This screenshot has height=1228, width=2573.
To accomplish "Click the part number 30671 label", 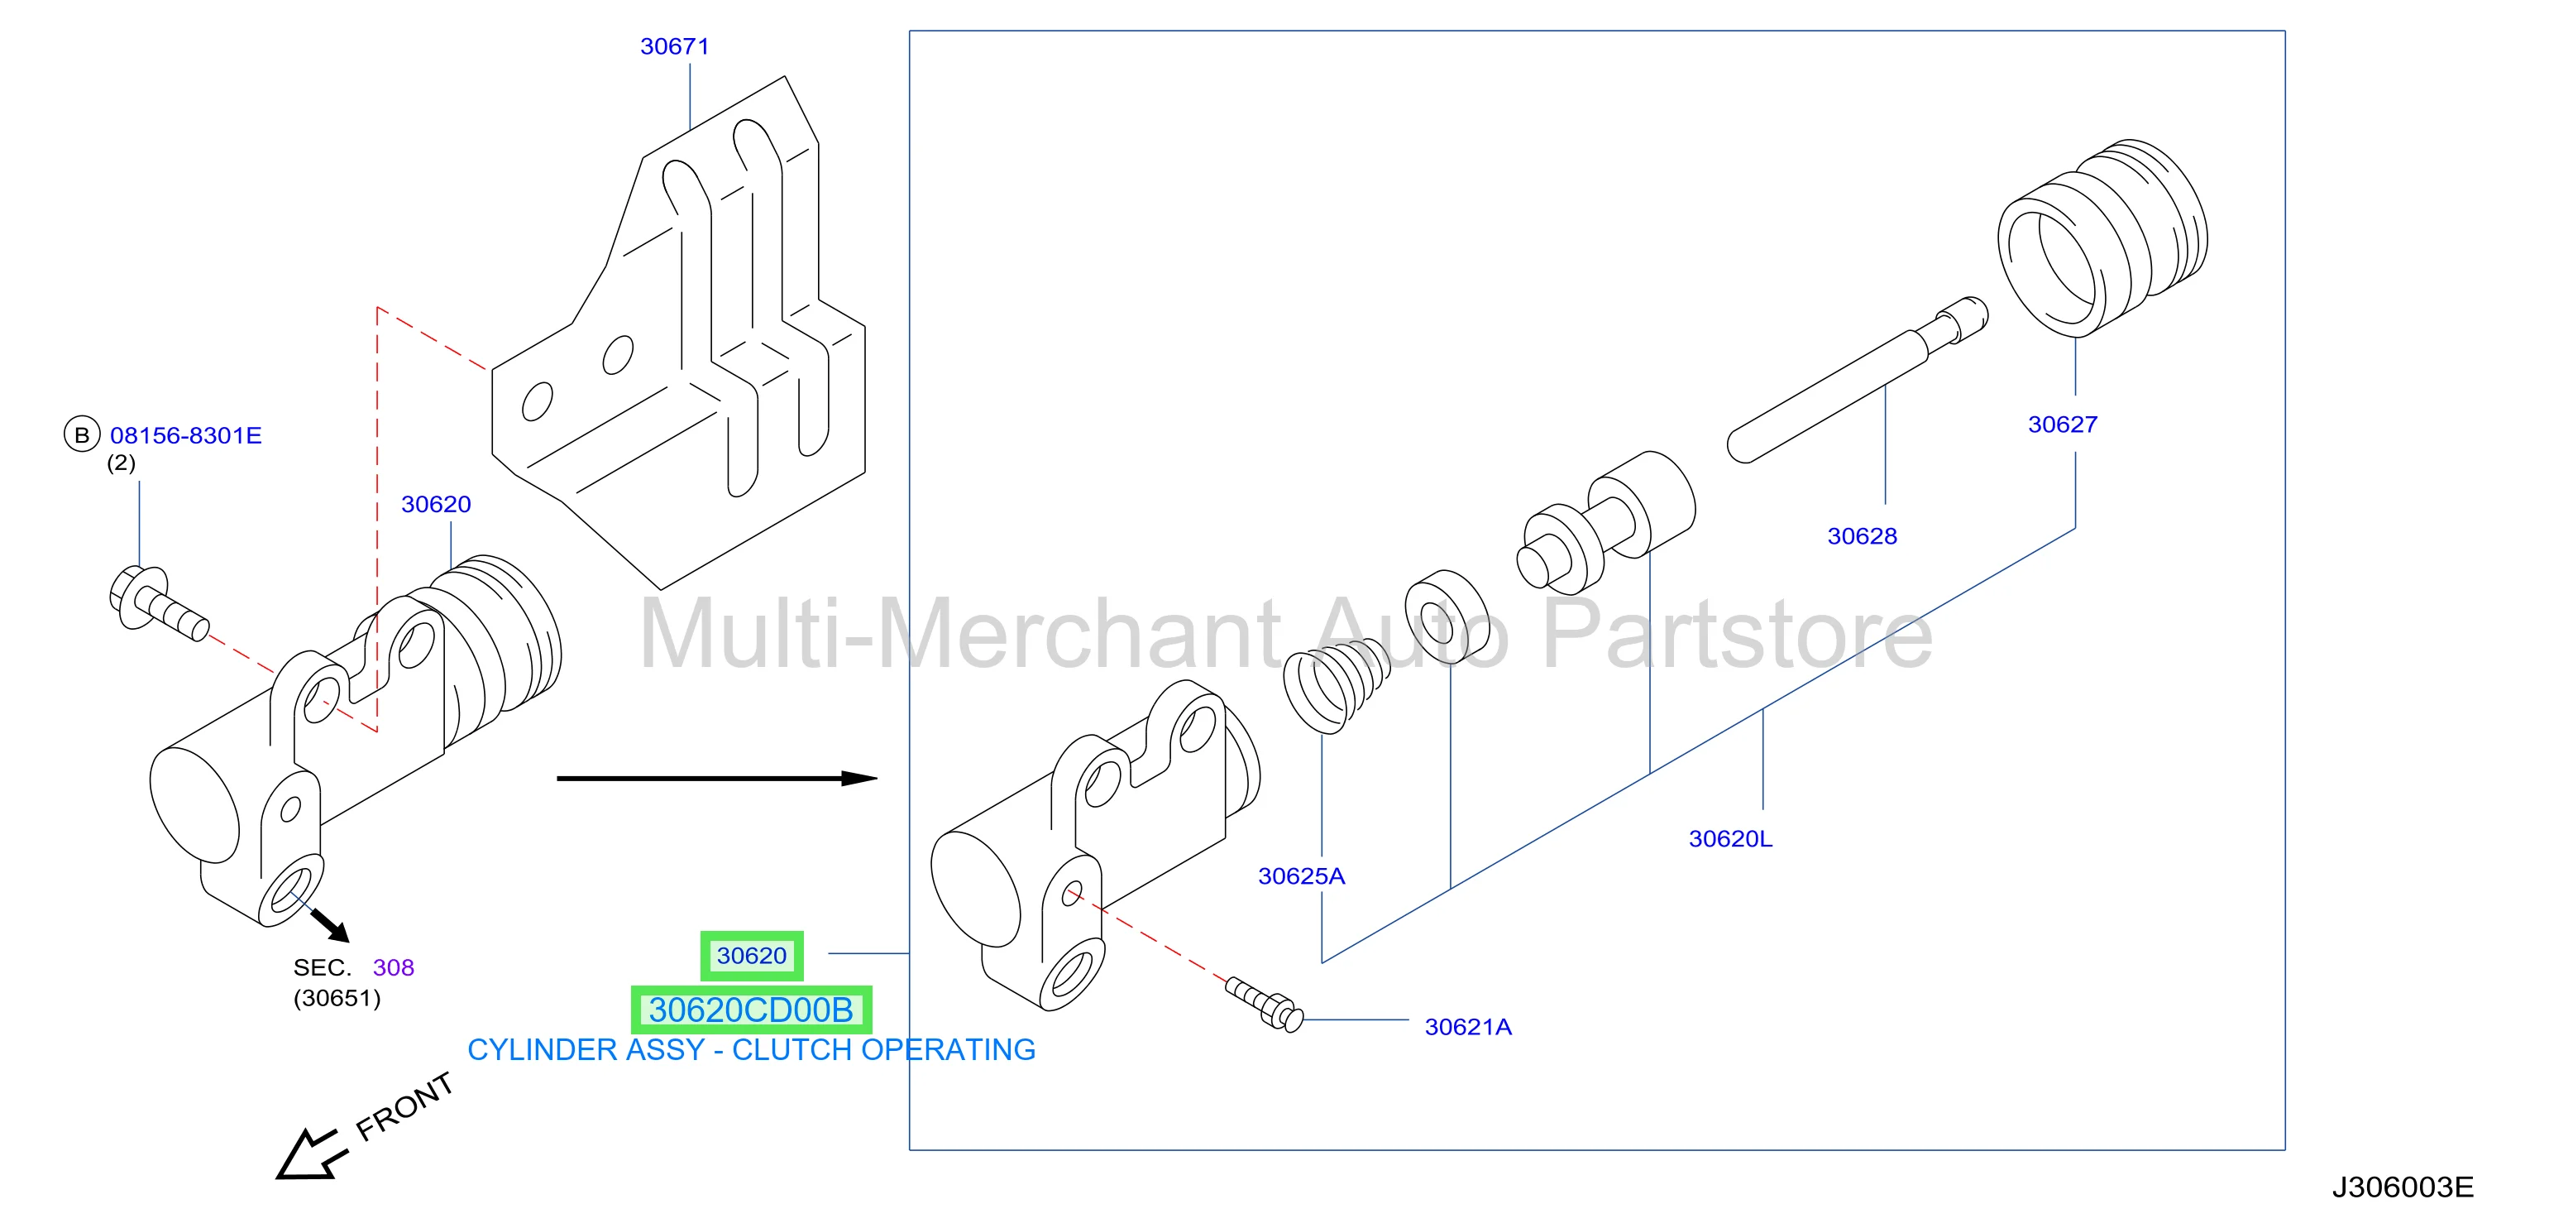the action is [674, 46].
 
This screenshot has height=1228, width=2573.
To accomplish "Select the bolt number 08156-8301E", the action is [186, 434].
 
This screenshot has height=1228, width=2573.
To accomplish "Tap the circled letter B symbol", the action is [82, 434].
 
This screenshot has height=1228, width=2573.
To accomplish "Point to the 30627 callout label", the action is [2063, 425].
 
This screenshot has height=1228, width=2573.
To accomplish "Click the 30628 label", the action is [1862, 536].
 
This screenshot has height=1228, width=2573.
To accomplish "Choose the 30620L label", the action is [1730, 839].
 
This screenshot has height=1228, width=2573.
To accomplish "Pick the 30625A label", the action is [1302, 876].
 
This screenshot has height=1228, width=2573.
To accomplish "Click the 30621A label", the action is [1468, 1027].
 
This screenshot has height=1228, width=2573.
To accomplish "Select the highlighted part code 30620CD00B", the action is [751, 1010].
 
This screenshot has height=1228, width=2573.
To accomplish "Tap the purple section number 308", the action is [394, 967].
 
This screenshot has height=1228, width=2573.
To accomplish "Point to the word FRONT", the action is [404, 1107].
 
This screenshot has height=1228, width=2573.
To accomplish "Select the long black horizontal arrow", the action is [716, 777].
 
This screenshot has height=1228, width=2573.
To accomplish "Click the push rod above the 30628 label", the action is [1857, 381].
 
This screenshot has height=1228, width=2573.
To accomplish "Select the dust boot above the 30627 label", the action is [2102, 237].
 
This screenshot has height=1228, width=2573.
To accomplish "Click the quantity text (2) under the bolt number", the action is [121, 463].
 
